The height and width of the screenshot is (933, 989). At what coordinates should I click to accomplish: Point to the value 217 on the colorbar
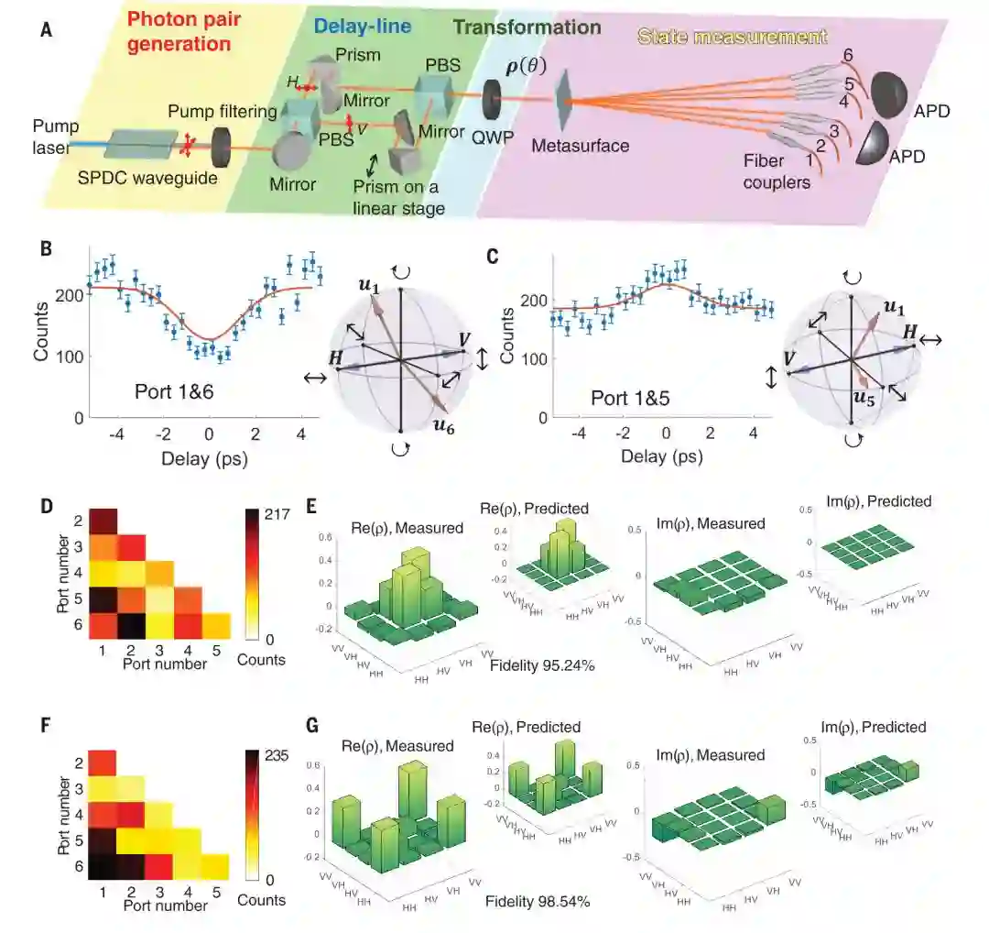(x=277, y=514)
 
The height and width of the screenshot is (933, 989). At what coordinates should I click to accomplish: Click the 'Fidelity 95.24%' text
(x=546, y=666)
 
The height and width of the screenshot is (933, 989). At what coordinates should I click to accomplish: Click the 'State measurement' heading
(x=732, y=38)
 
